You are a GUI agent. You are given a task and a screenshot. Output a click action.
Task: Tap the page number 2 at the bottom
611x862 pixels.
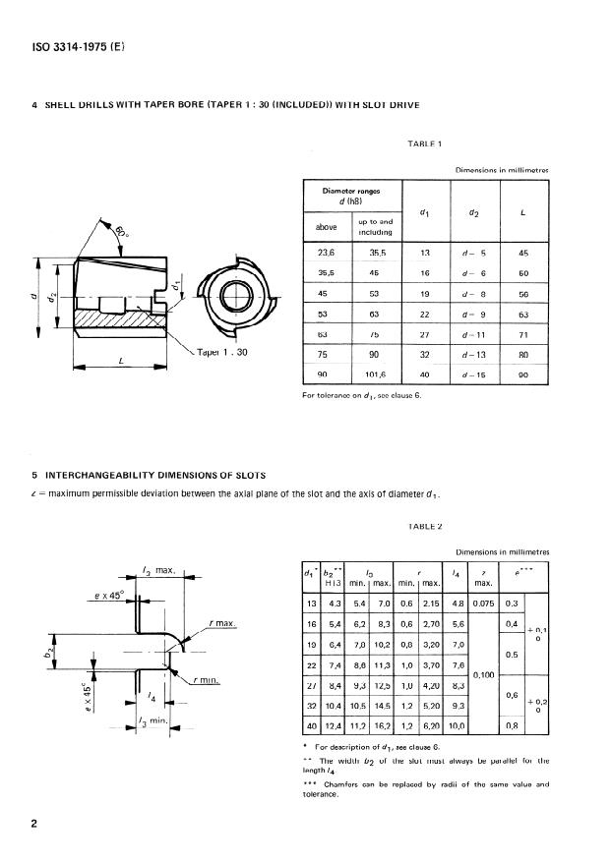(36, 823)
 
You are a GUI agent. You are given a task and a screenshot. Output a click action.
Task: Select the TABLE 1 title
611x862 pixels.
(425, 144)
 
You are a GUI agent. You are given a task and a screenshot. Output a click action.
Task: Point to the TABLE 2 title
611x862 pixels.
(424, 527)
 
